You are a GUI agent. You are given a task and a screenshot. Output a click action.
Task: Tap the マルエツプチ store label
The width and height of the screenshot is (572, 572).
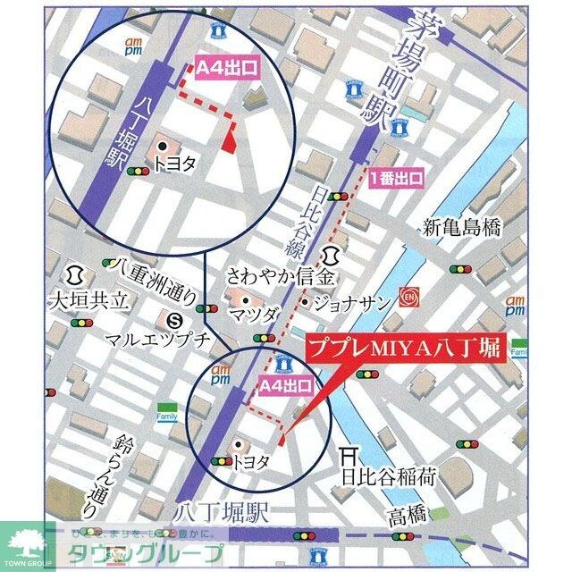tap(145, 339)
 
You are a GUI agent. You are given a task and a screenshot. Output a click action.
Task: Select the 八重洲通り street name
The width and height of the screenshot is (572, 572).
tap(144, 265)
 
